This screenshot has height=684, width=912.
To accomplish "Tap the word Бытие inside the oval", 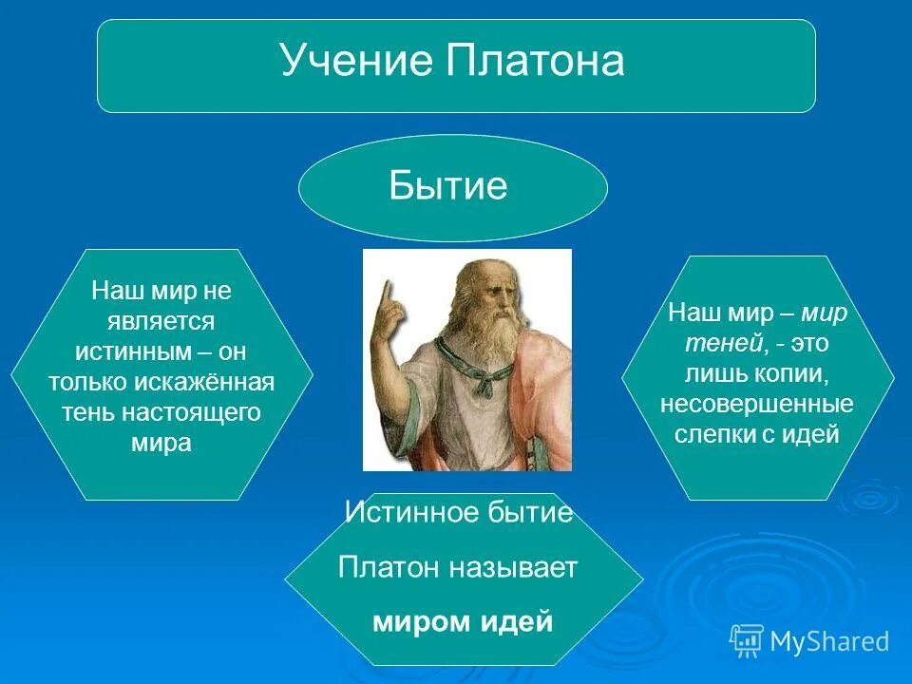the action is tap(448, 185).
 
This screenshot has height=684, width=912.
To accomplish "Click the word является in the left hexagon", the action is tap(161, 322).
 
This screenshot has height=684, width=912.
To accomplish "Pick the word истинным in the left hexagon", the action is tap(133, 351).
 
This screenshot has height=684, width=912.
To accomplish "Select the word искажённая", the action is tap(204, 382).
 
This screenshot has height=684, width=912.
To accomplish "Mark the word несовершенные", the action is tap(757, 404).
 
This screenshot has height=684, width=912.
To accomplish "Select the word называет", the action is tap(513, 567).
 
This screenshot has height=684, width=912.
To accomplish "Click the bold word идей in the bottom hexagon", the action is tap(518, 621).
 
